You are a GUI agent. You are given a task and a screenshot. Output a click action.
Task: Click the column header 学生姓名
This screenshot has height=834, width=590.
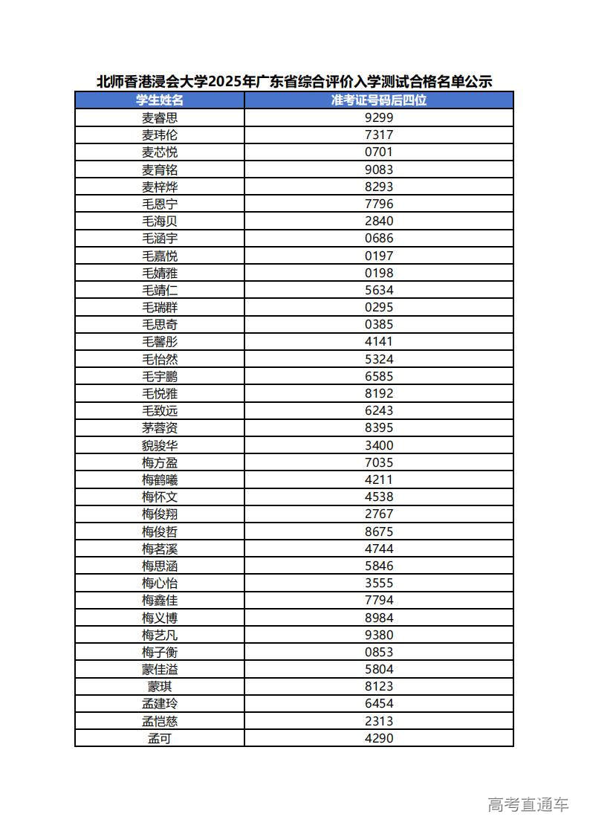click(160, 100)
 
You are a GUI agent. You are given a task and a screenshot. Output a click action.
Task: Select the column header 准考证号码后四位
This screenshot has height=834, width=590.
click(379, 100)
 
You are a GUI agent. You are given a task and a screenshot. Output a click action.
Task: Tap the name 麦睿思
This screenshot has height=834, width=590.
click(160, 117)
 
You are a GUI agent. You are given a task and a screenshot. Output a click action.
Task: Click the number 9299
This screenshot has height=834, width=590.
click(379, 117)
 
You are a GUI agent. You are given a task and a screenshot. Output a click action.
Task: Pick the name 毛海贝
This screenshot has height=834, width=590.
click(160, 221)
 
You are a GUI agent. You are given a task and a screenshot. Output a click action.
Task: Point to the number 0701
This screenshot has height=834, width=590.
click(379, 152)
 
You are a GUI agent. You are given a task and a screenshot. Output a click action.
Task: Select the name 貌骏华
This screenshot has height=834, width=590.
click(160, 445)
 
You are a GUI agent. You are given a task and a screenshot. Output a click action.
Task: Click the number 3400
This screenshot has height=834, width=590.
click(379, 445)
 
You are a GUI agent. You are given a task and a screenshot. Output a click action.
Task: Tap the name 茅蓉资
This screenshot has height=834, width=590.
click(160, 428)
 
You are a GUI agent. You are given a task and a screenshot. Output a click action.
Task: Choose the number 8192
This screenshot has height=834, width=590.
click(379, 393)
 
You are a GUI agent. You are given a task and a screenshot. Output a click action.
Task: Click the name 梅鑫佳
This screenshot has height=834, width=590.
click(160, 601)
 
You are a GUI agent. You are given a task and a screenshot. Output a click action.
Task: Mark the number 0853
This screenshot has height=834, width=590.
click(379, 652)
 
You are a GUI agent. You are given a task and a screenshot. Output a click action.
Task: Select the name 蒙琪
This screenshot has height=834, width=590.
click(160, 687)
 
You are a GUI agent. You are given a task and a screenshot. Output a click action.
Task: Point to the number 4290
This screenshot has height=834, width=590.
click(379, 738)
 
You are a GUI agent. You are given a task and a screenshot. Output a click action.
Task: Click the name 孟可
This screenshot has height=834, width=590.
click(160, 738)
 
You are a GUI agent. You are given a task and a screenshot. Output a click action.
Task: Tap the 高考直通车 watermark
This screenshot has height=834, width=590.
click(528, 804)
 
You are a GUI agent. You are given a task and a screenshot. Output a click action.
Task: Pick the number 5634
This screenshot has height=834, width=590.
click(379, 290)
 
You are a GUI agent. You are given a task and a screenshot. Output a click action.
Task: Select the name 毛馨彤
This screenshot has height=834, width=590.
click(160, 342)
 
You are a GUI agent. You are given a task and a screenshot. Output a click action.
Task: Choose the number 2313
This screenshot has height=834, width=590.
click(379, 721)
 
